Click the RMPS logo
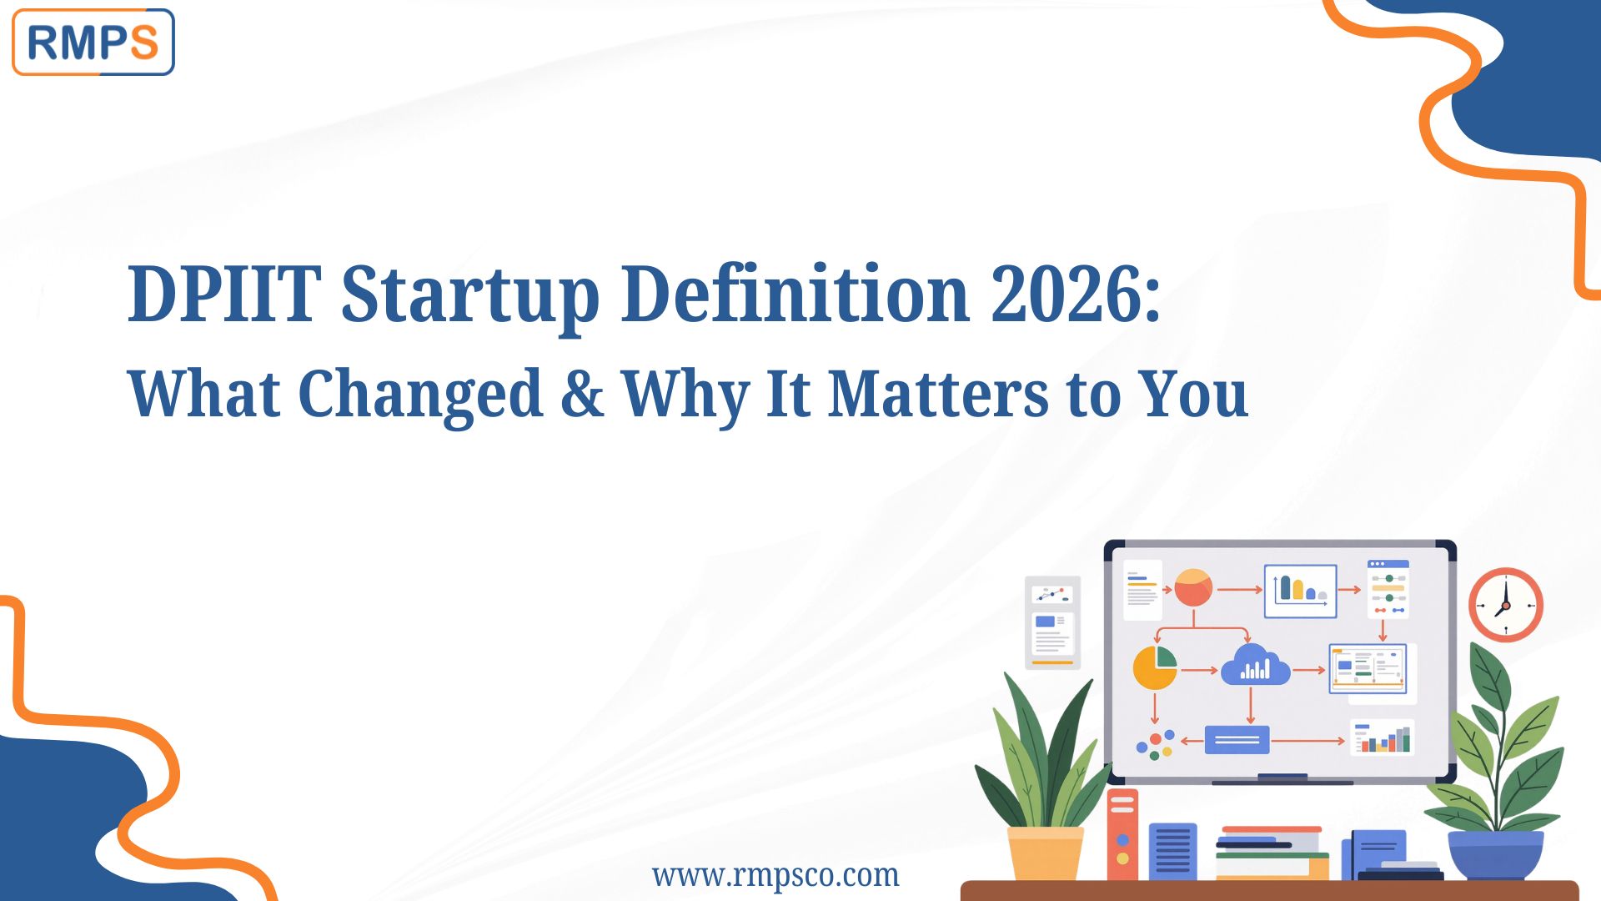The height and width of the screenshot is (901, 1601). [93, 43]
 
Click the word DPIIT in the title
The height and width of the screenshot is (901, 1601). [223, 294]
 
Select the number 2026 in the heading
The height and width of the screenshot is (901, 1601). [1065, 294]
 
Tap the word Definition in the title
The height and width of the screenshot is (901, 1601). [795, 294]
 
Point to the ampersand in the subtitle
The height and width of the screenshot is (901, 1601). [582, 393]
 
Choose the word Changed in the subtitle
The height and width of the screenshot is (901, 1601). [420, 394]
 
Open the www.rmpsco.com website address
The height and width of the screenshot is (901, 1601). [775, 875]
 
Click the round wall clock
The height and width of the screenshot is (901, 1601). [1505, 604]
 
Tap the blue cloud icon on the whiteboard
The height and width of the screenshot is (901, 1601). [1255, 667]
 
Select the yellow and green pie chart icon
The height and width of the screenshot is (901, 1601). [1155, 667]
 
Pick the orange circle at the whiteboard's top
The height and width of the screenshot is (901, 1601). [1193, 588]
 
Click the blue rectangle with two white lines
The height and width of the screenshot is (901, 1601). [1237, 739]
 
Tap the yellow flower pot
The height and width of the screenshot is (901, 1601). [1045, 853]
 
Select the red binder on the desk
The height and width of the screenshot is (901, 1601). [1122, 834]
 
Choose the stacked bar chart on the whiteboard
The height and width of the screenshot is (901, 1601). [1383, 738]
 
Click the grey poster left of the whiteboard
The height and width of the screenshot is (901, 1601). [1052, 622]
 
